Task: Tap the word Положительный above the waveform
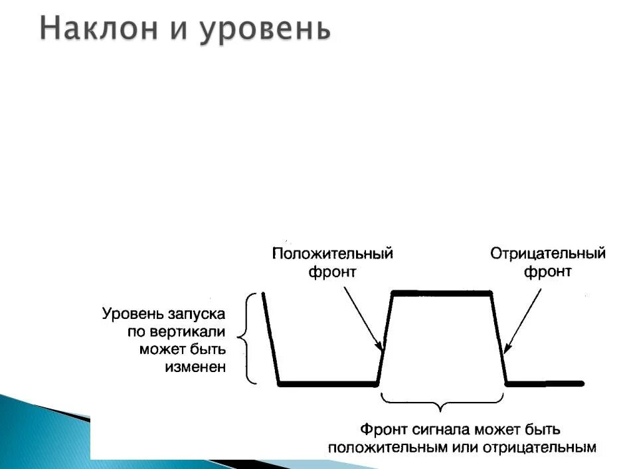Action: (333, 254)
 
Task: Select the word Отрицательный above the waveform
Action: (548, 254)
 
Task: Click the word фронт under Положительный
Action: (333, 272)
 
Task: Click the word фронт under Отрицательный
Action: (548, 272)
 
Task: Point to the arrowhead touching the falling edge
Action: (507, 347)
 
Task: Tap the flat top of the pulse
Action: (442, 292)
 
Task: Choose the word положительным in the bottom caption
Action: (379, 447)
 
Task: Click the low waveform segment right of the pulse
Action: (545, 383)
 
